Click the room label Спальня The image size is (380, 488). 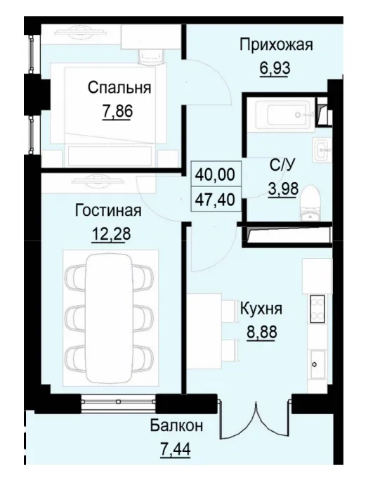tap(119, 88)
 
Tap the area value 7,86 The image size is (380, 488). tap(118, 111)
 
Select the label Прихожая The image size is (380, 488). tap(275, 46)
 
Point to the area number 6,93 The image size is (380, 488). tap(275, 69)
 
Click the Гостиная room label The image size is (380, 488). tap(108, 210)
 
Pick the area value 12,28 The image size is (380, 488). tap(108, 233)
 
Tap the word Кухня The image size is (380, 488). tap(261, 308)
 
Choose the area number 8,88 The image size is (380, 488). tap(261, 330)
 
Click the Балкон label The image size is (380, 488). tap(176, 425)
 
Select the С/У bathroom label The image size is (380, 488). tap(282, 166)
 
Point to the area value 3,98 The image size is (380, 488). tap(283, 188)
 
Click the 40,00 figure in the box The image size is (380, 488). tap(216, 172)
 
